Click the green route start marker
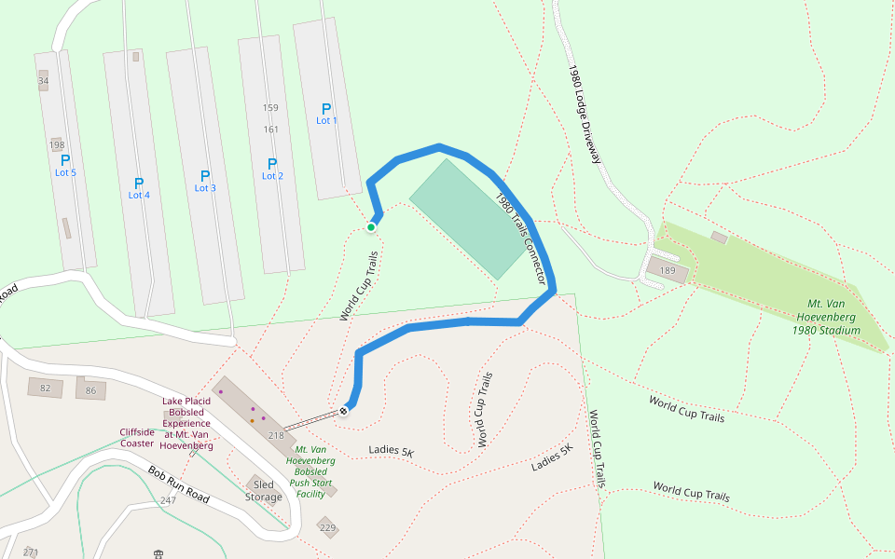371,226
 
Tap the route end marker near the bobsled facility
344,410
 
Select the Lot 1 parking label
326,114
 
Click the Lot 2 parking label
272,169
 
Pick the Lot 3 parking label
205,181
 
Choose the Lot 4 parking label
139,188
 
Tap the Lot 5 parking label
65,166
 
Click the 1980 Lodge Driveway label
584,114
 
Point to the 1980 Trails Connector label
519,239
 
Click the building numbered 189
668,271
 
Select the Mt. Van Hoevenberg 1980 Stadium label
826,317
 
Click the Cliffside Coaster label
137,437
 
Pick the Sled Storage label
263,491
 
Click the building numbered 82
45,388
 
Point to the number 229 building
327,528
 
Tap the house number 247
168,501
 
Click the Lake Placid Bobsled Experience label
187,424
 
